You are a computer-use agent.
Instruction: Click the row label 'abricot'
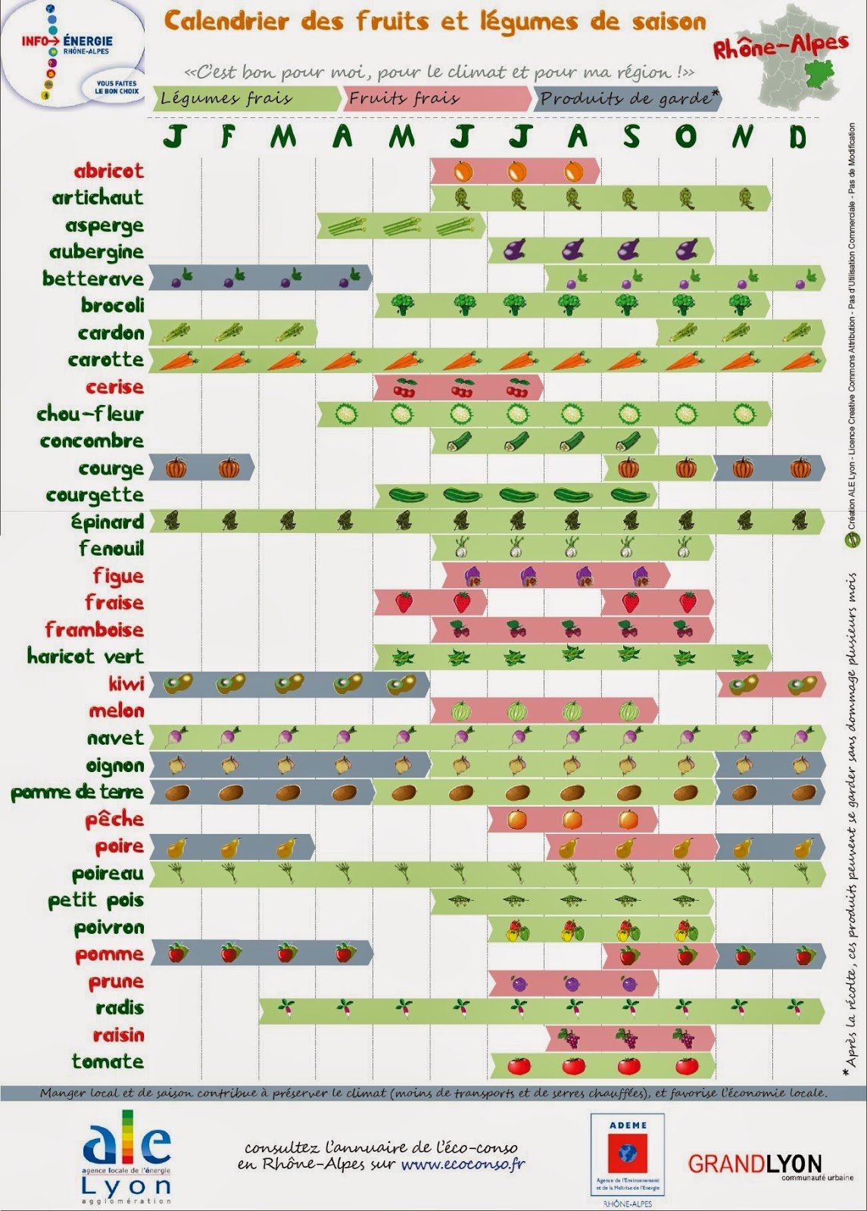(x=108, y=171)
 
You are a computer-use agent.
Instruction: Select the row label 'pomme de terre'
(x=76, y=792)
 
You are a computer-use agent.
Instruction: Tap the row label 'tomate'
(x=108, y=1062)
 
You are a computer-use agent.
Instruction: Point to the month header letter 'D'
(x=797, y=136)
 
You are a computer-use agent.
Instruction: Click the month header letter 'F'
(x=228, y=136)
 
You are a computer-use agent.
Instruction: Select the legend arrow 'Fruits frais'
(x=438, y=98)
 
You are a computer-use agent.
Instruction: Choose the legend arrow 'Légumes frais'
(x=246, y=98)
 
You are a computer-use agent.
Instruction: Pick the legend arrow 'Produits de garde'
(x=627, y=98)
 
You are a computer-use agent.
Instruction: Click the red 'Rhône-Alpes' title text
(x=780, y=47)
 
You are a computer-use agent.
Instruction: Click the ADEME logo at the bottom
(x=627, y=1154)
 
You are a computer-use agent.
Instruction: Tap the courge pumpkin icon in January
(x=176, y=468)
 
